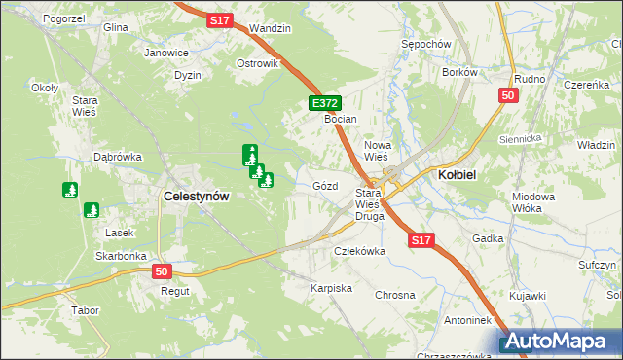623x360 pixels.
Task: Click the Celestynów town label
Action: pyautogui.click(x=197, y=196)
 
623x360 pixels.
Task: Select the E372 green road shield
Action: pyautogui.click(x=325, y=102)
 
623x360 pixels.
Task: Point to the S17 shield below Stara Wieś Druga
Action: pyautogui.click(x=421, y=239)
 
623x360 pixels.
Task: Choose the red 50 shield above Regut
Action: pyautogui.click(x=162, y=272)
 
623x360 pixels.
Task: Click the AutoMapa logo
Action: pyautogui.click(x=559, y=342)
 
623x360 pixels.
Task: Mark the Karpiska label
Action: pyautogui.click(x=331, y=289)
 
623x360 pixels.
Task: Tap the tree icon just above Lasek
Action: pyautogui.click(x=92, y=209)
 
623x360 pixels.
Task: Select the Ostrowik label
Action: pyautogui.click(x=258, y=63)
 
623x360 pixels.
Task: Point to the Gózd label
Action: pyautogui.click(x=325, y=185)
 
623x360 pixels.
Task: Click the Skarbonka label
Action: pyautogui.click(x=121, y=256)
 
